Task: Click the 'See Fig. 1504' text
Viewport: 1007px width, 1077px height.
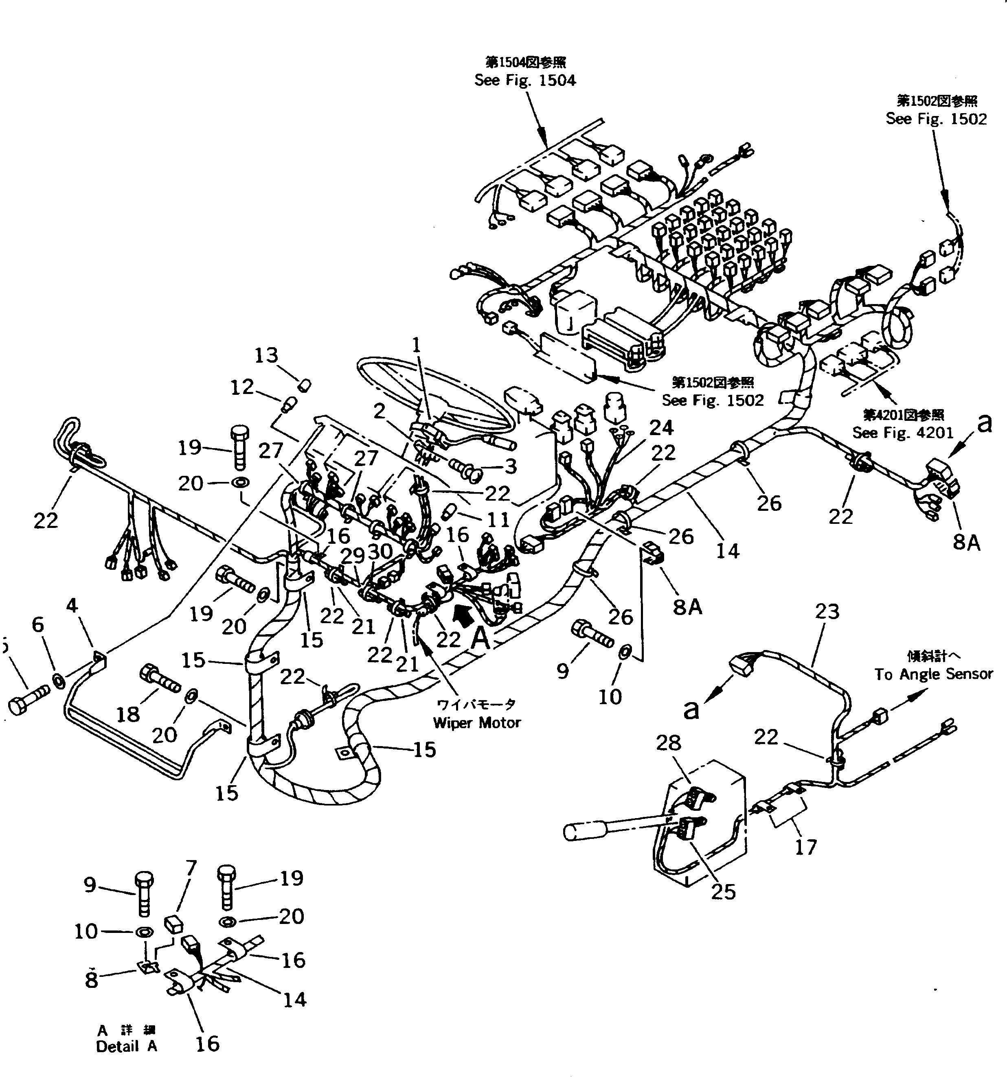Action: tap(524, 80)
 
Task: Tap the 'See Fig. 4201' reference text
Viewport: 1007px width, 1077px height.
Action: tap(902, 433)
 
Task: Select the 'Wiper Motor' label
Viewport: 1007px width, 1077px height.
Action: tap(476, 723)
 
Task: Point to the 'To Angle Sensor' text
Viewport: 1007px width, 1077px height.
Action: tap(933, 674)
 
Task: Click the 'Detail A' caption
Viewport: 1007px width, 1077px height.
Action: tap(126, 1046)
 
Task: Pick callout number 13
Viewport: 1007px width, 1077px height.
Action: tap(266, 355)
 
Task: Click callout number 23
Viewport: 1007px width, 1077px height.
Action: tap(827, 612)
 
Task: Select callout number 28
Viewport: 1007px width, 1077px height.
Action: tap(668, 743)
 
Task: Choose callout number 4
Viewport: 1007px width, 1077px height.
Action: tap(72, 606)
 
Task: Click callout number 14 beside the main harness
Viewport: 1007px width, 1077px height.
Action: tap(727, 551)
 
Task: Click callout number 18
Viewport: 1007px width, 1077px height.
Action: tap(128, 715)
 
